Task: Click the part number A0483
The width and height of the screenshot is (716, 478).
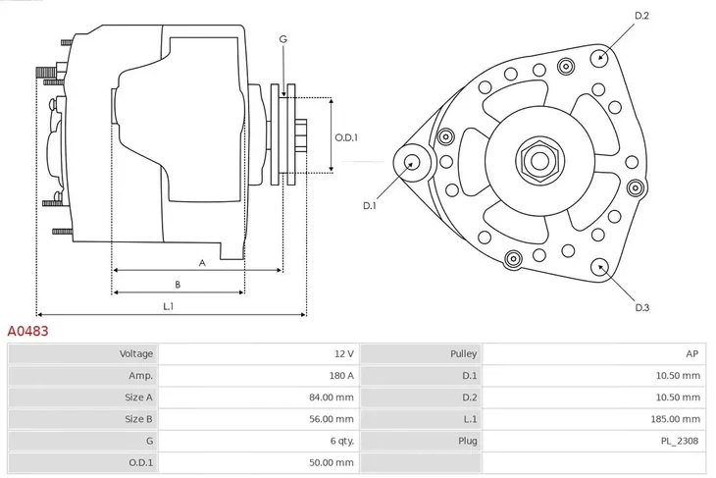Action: tap(28, 332)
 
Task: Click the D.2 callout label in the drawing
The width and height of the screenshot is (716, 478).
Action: tap(642, 15)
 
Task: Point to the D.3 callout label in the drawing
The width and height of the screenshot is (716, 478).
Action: tap(642, 308)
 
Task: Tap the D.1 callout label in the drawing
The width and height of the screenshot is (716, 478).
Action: tap(370, 205)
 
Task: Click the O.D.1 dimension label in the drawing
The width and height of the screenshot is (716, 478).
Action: tap(346, 138)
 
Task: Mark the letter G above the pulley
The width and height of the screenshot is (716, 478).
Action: tap(282, 39)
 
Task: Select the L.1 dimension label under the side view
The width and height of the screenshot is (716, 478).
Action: tap(169, 306)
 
